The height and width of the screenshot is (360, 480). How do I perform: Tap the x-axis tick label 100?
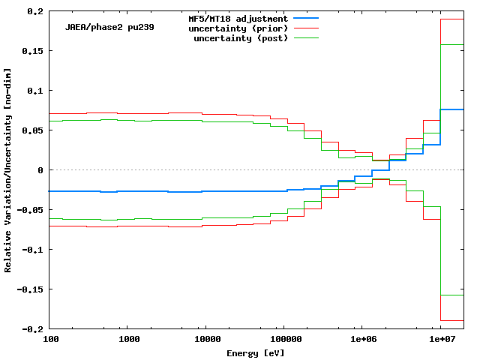51,339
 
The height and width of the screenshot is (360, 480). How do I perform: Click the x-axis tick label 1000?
129,339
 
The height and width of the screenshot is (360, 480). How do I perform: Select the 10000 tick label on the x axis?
207,339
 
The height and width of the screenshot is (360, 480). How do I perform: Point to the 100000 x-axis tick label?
284,339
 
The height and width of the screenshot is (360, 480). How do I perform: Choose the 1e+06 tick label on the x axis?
363,339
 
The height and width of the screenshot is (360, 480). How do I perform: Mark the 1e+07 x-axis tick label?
441,339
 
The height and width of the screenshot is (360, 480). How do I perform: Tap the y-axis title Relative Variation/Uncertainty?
8,169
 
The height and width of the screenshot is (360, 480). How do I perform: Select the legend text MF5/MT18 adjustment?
238,18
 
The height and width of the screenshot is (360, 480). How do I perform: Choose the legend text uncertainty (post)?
241,37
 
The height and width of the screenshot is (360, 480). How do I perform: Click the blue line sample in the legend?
306,18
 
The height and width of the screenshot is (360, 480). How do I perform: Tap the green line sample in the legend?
306,37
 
